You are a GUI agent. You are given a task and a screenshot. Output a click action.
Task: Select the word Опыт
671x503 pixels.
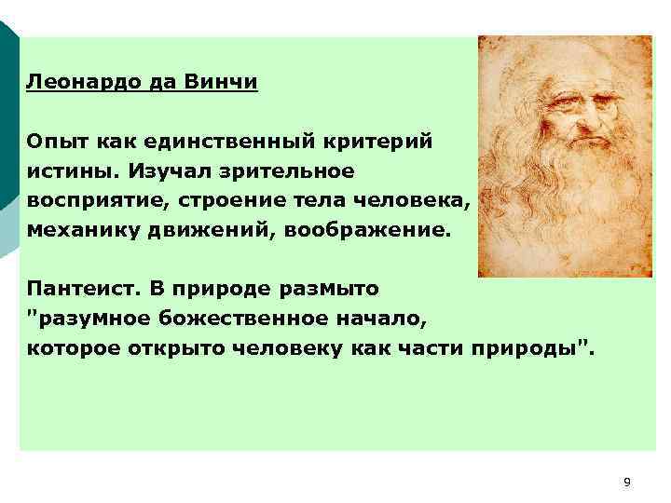(57, 142)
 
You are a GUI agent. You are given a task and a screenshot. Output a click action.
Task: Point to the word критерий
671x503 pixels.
(390, 142)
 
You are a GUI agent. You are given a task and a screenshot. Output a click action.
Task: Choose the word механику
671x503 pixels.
(82, 230)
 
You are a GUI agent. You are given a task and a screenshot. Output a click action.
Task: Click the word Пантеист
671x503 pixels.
(78, 290)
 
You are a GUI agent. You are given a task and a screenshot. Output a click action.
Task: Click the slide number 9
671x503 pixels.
(626, 482)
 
